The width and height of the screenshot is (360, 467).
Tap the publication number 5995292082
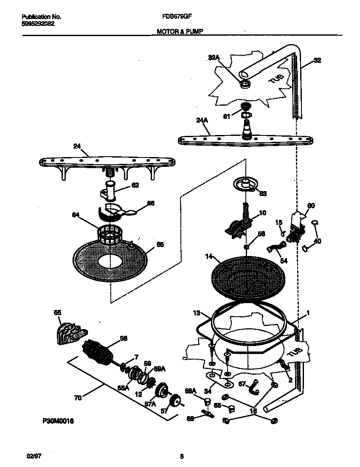[38, 24]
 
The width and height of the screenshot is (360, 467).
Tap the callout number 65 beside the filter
[160, 244]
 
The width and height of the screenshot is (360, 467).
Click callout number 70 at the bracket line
[77, 398]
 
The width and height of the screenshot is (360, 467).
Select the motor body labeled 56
[98, 352]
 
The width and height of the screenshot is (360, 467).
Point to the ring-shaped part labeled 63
[245, 183]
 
